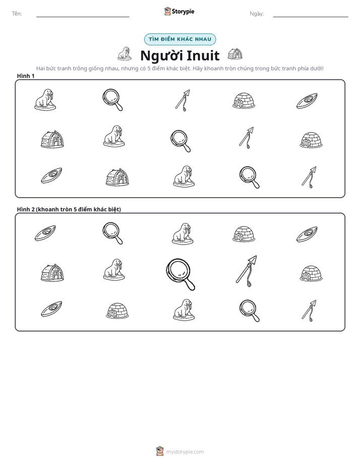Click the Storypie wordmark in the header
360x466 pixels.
[183, 12]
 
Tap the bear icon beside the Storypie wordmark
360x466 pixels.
[167, 11]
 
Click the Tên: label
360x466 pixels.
[17, 14]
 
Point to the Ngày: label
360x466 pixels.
[257, 14]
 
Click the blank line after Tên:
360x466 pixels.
[83, 17]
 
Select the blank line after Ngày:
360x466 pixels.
[311, 17]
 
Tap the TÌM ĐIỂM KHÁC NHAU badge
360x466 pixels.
[180, 39]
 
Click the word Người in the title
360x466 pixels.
[160, 55]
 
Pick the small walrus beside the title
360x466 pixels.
[125, 53]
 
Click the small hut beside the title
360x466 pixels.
[235, 54]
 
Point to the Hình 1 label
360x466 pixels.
[26, 76]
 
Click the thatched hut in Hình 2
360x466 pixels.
[52, 272]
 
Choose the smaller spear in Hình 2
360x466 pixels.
[309, 311]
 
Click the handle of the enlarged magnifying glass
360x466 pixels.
[189, 284]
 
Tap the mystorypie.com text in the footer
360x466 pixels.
[185, 452]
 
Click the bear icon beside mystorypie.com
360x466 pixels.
[160, 451]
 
